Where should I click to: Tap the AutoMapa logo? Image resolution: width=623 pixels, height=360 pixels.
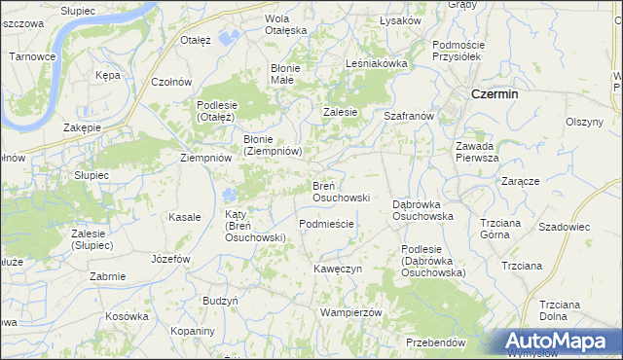click(559, 342)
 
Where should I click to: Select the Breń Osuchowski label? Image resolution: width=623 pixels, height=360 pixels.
click(340, 191)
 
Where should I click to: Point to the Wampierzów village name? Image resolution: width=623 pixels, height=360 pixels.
click(349, 312)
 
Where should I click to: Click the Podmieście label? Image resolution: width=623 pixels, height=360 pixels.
click(326, 224)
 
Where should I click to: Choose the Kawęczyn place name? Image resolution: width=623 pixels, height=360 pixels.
click(338, 268)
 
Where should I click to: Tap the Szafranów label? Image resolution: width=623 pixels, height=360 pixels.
click(408, 116)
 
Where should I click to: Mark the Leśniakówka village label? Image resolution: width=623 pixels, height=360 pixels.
click(376, 63)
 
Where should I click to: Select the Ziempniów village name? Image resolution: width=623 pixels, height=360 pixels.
click(206, 157)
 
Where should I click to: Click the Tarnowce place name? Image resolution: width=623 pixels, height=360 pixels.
click(31, 56)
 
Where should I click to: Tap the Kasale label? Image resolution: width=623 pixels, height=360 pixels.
click(185, 217)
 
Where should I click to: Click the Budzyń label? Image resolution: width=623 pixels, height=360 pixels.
click(221, 301)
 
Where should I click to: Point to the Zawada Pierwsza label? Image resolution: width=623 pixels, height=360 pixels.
click(477, 152)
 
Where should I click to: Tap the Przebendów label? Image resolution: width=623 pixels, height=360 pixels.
click(435, 342)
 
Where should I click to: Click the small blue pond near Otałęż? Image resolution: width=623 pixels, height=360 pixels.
click(230, 38)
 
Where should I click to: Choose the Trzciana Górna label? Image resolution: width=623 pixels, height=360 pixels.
click(501, 228)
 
